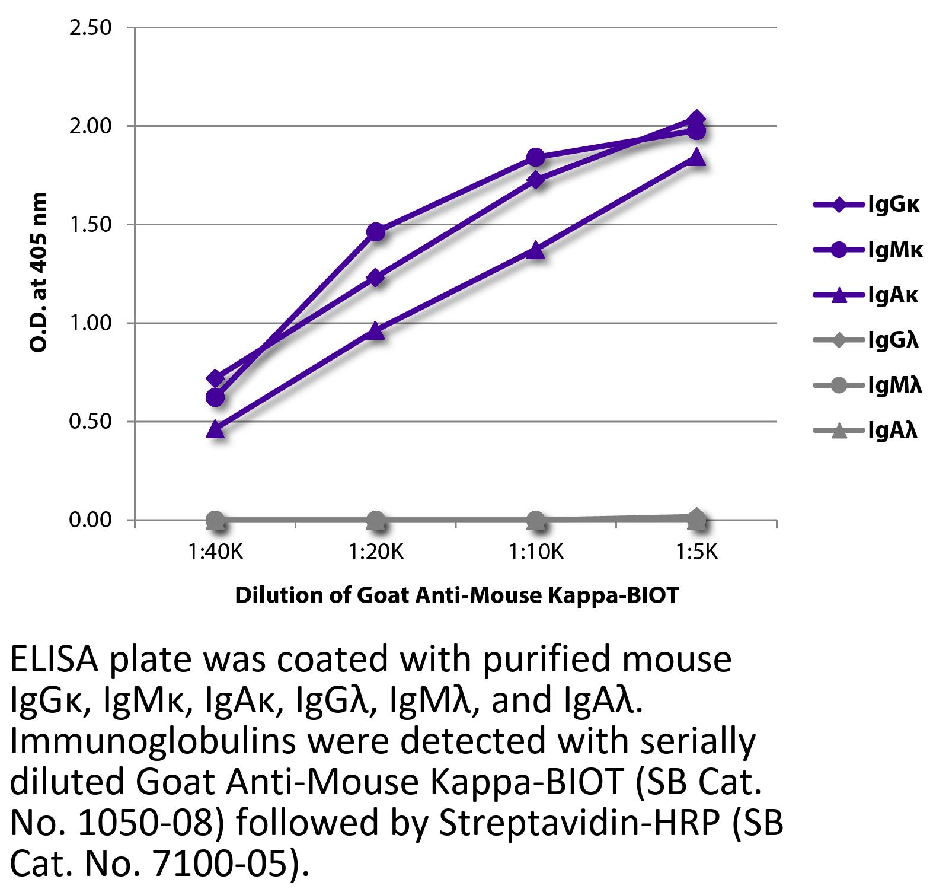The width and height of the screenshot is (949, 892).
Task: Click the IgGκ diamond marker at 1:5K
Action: point(696,119)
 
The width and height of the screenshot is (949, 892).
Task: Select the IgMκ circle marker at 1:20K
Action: point(375,232)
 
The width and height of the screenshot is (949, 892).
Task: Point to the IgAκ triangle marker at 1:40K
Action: point(215,429)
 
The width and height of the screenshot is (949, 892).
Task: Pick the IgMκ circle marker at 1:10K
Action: point(536,157)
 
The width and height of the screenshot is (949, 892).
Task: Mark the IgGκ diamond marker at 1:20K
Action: point(375,278)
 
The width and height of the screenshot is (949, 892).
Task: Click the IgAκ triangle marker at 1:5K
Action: point(696,157)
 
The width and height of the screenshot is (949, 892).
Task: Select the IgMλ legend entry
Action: point(868,386)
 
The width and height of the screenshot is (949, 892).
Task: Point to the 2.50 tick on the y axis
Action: point(91,28)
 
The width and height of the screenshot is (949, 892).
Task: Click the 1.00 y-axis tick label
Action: point(91,323)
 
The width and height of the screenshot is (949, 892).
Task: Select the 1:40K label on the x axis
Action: point(215,553)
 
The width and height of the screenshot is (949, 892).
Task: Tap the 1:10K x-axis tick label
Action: point(536,553)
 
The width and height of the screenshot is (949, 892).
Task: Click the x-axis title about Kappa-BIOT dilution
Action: point(456,595)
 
